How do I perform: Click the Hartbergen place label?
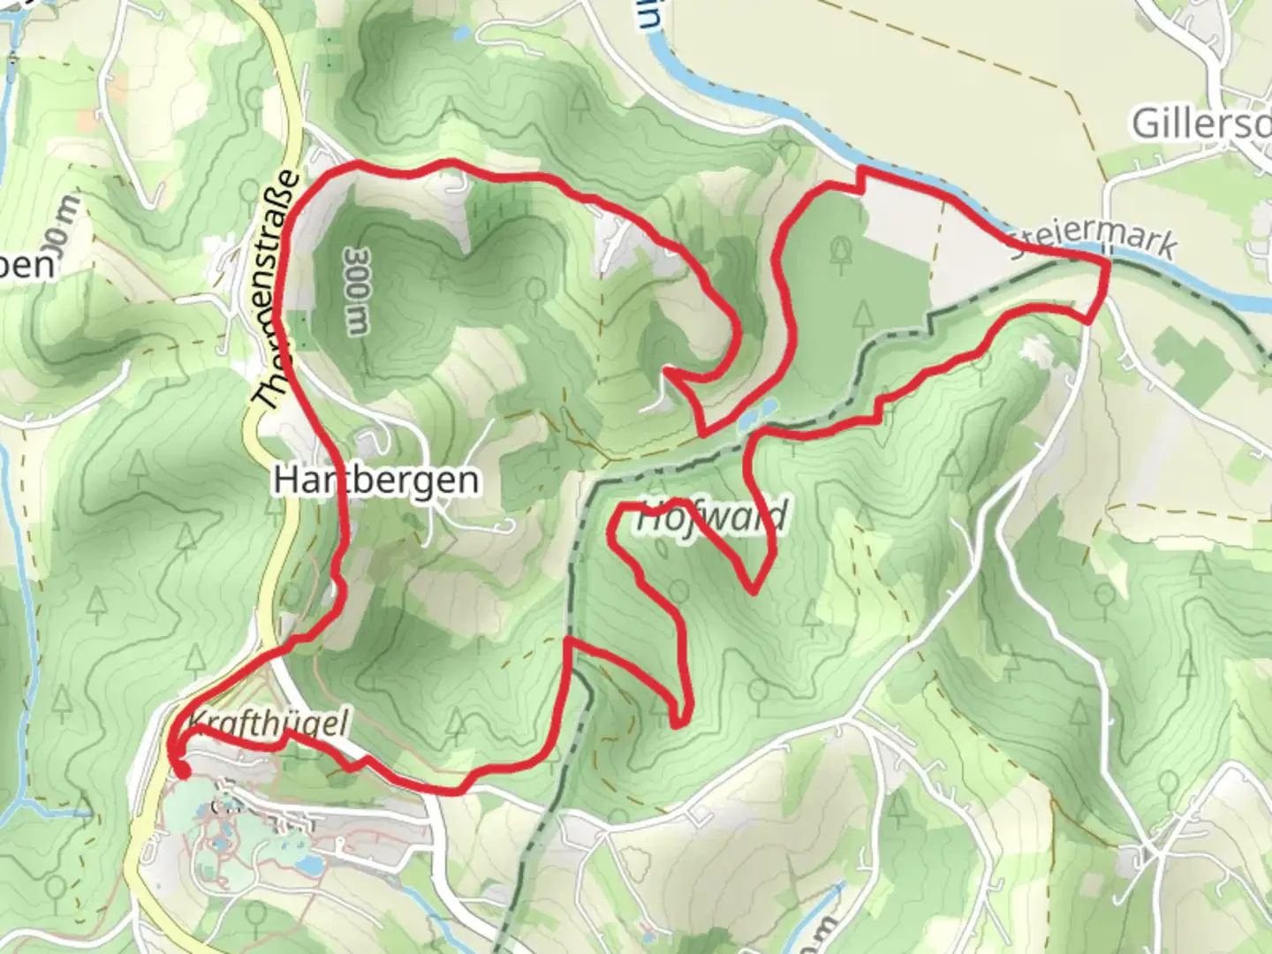pos(376,481)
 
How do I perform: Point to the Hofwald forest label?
pos(712,517)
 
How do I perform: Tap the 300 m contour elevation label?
pos(357,291)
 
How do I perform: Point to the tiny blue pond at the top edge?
pos(461,34)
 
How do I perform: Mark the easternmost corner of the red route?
pos(1108,261)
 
